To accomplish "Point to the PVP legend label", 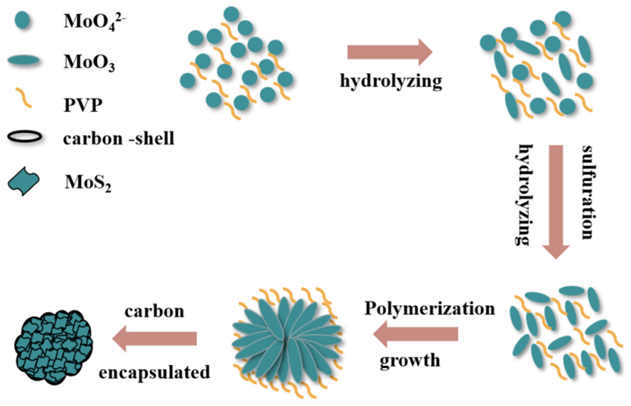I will click(x=83, y=105).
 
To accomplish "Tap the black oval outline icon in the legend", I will click(x=25, y=137).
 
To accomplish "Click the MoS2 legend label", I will click(x=88, y=183).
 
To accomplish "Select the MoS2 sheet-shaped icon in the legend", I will click(x=24, y=181).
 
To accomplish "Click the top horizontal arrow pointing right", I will click(x=389, y=52).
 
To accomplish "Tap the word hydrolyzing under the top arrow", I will click(x=391, y=81).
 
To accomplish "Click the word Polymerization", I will click(x=429, y=308).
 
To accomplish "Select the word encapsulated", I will click(x=154, y=372).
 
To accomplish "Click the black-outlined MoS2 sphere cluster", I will click(x=53, y=347).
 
